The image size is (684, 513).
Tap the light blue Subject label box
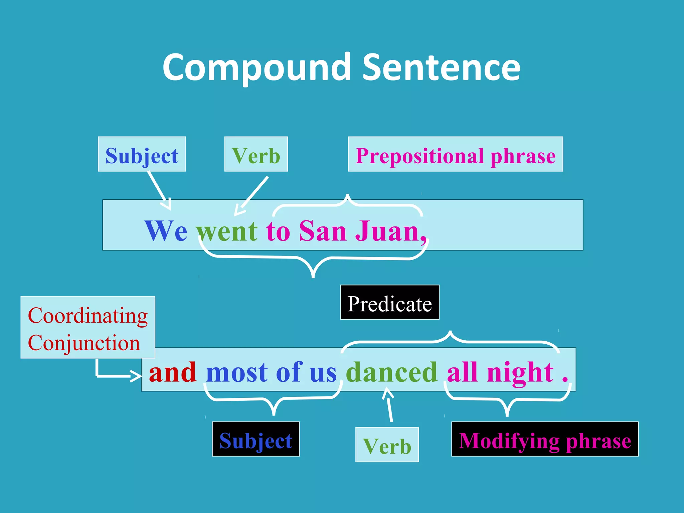[x=142, y=154]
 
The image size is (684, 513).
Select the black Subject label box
[x=256, y=439]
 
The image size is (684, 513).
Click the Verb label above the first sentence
[x=256, y=154]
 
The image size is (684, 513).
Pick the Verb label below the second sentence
[x=387, y=445]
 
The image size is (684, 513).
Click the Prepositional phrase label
[x=455, y=154]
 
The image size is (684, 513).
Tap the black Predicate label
[x=390, y=303]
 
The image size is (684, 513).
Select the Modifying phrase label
[x=545, y=439]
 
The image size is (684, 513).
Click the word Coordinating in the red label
[x=88, y=315]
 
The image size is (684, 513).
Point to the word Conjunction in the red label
[x=84, y=343]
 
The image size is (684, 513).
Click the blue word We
[x=166, y=231]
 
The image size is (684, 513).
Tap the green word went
[x=227, y=231]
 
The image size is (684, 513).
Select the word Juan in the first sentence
[x=387, y=231]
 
